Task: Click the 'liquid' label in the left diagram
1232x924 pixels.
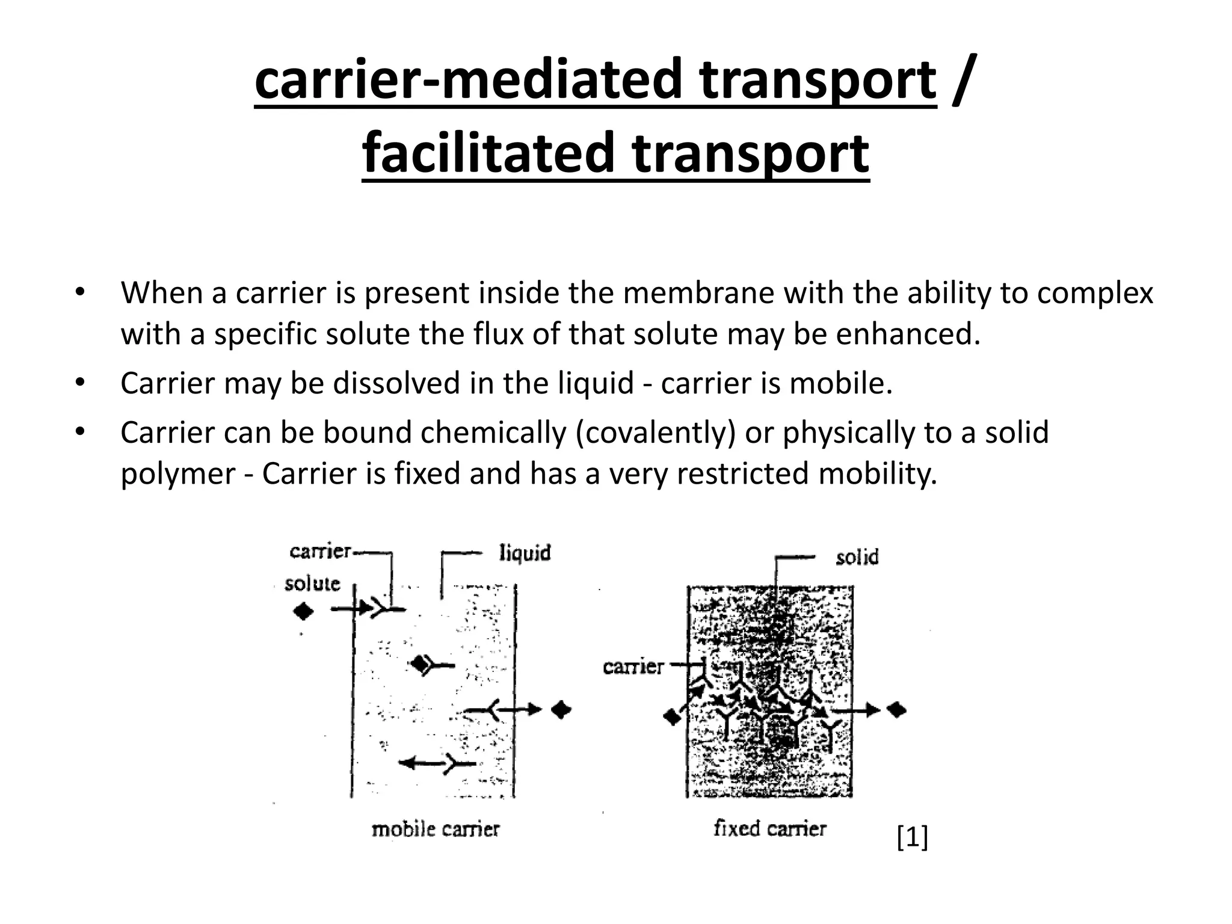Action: pyautogui.click(x=525, y=552)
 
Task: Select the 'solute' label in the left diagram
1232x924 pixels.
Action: pyautogui.click(x=312, y=583)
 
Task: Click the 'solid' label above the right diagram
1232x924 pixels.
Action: pyautogui.click(x=857, y=557)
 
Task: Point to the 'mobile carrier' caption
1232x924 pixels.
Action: pyautogui.click(x=436, y=830)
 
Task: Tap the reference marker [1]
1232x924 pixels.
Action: pyautogui.click(x=912, y=837)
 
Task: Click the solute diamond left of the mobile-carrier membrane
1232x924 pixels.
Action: pyautogui.click(x=303, y=612)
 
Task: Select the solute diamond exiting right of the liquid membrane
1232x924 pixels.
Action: pyautogui.click(x=562, y=710)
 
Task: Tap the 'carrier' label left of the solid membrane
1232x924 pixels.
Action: pyautogui.click(x=633, y=667)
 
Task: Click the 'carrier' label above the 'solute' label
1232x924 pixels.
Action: pyautogui.click(x=320, y=551)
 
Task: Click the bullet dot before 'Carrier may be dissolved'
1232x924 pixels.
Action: pyautogui.click(x=79, y=383)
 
